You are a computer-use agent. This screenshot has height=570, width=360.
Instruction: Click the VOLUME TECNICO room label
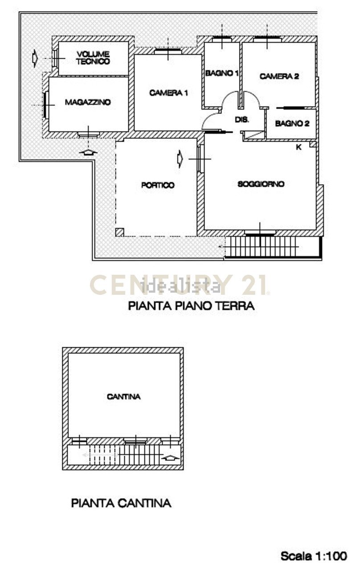pos(93,58)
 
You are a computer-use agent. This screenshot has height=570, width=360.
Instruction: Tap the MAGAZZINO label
pos(88,102)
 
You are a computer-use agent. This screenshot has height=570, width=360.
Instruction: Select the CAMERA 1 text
pos(168,93)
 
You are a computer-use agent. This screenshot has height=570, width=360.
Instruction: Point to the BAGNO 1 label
pos(222,73)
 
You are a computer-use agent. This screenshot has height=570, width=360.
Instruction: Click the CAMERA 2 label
pos(279,77)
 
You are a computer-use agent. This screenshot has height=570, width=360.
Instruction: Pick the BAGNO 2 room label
pos(292,124)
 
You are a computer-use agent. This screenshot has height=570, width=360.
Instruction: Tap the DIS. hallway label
pos(241,120)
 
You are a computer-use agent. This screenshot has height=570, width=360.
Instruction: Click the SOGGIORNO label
pos(261,184)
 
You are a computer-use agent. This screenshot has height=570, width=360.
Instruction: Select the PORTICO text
pos(158,185)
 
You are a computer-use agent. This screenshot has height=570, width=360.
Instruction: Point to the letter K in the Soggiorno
pos(298,147)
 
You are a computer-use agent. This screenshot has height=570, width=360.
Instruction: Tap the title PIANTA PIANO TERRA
pos(191,306)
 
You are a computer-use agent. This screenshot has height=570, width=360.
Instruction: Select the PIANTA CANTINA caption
pos(121,503)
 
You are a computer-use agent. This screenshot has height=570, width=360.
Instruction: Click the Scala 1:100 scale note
pos(313,556)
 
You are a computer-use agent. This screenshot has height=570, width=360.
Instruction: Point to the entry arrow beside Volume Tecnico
pos(35,57)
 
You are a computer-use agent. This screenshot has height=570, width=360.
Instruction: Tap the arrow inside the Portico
pos(180,158)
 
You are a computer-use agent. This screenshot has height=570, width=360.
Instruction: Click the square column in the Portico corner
pos(119,232)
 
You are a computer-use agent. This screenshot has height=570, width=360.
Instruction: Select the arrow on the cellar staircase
pos(171,457)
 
